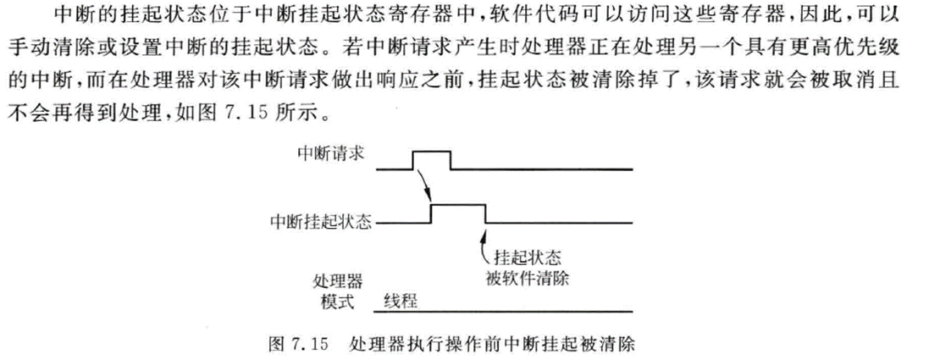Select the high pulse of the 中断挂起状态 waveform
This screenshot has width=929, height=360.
pyautogui.click(x=458, y=205)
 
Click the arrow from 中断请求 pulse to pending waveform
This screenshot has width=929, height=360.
pyautogui.click(x=423, y=184)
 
